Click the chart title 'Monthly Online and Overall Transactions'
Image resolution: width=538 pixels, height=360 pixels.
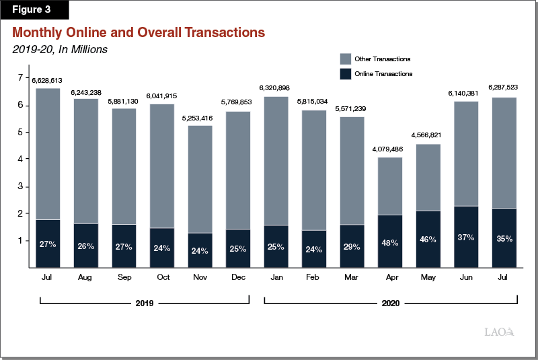(x=139, y=32)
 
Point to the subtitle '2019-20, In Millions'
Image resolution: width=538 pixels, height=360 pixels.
(x=60, y=48)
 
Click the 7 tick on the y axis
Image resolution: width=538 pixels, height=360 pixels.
(x=20, y=78)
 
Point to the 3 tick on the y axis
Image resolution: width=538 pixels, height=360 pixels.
(x=20, y=186)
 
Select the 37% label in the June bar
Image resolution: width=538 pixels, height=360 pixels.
(x=465, y=238)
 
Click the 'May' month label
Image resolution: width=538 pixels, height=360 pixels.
(x=427, y=277)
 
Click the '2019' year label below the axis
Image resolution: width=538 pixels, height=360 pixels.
(x=144, y=303)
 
